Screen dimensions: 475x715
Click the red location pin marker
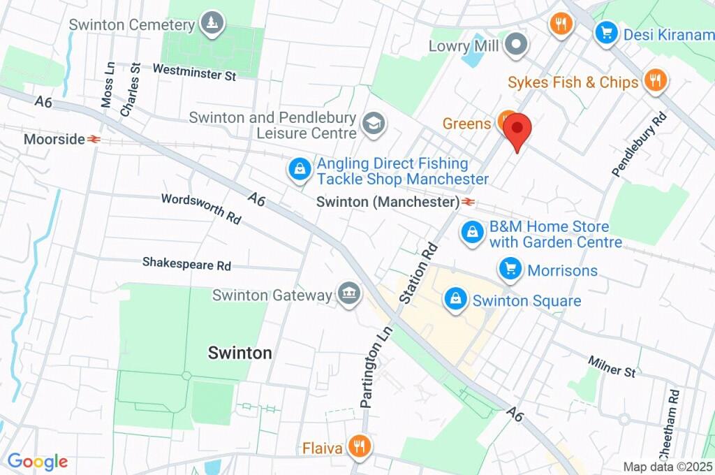[517, 131]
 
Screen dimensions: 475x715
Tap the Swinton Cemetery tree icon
[211, 24]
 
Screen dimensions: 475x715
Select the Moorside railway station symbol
[94, 140]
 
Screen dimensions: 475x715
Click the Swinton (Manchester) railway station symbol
[468, 203]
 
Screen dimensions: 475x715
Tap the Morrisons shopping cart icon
[510, 270]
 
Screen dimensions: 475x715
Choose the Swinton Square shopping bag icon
[455, 300]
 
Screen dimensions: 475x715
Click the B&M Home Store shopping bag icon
[473, 233]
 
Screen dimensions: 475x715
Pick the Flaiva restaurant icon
[359, 446]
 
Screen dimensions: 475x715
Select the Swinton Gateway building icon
[348, 294]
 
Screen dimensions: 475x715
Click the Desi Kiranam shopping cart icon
[605, 32]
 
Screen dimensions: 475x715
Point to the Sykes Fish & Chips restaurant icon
[654, 82]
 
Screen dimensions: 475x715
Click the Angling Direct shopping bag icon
[300, 170]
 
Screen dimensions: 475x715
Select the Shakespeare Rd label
[186, 263]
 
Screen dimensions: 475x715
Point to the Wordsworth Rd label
[201, 208]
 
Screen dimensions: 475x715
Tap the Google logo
[38, 462]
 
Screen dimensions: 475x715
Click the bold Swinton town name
[239, 353]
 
